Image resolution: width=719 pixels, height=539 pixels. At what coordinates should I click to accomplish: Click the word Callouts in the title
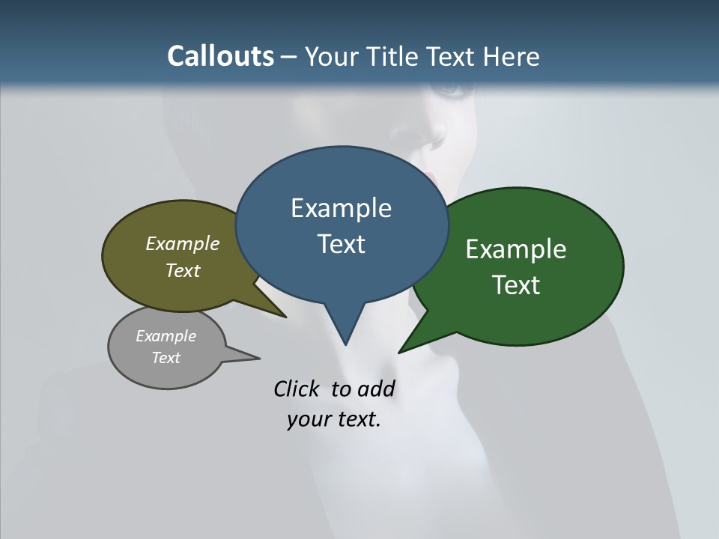[220, 56]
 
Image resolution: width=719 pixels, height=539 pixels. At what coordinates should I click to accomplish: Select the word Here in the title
[510, 56]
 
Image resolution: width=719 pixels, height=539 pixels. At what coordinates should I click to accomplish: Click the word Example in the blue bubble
[341, 208]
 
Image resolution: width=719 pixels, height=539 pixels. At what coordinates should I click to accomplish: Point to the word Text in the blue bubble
[341, 244]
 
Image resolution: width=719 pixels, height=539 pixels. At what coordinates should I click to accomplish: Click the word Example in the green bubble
[515, 249]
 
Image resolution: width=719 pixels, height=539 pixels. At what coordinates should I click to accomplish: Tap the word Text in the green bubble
[515, 285]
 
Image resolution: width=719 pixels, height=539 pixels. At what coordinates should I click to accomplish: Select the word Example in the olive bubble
[182, 243]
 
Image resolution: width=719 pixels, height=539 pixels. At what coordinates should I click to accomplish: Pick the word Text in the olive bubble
[182, 270]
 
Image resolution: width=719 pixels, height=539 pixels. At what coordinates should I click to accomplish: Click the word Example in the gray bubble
[166, 336]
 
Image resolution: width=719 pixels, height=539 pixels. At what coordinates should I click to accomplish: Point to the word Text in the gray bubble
[166, 358]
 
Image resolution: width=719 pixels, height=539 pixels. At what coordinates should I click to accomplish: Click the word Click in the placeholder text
[298, 389]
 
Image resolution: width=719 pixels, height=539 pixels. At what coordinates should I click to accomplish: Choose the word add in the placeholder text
[376, 389]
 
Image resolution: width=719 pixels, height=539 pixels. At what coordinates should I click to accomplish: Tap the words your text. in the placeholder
[333, 419]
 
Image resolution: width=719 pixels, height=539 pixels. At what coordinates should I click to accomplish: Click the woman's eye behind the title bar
[452, 90]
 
